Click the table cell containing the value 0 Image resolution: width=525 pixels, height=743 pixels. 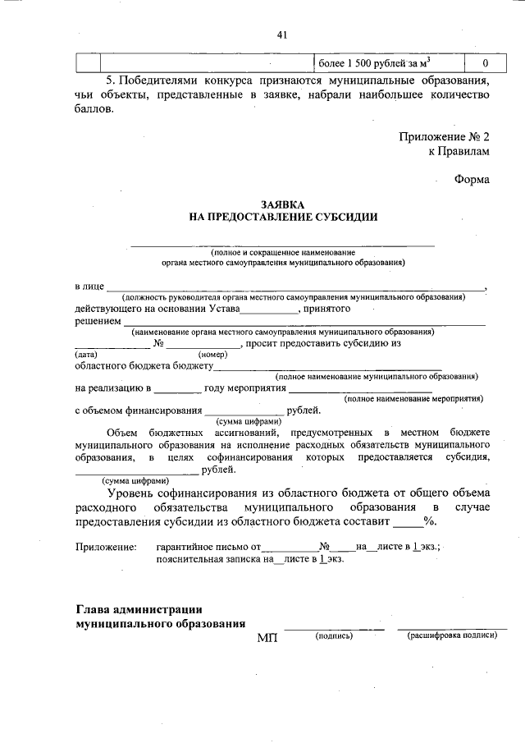click(485, 63)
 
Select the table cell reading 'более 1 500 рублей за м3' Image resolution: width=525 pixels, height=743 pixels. click(374, 63)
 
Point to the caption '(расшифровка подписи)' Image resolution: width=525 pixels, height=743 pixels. click(452, 635)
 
